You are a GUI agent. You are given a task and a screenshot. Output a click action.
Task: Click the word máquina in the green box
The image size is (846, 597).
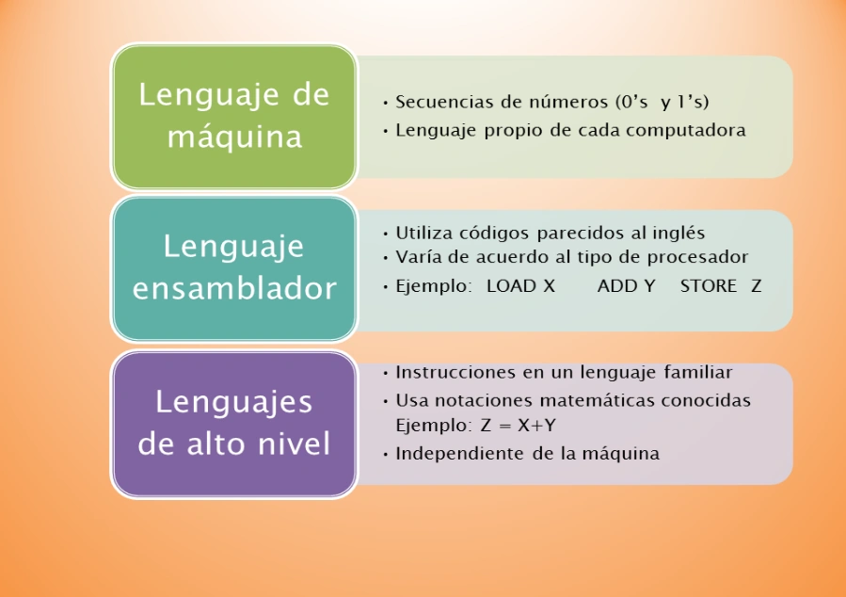[234, 137]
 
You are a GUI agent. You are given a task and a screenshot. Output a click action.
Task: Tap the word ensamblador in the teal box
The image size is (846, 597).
[234, 288]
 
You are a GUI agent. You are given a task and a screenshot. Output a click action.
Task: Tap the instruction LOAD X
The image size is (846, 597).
[520, 285]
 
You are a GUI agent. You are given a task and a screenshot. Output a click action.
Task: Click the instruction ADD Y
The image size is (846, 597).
[627, 285]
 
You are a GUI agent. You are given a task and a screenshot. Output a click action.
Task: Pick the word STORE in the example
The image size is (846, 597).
[709, 285]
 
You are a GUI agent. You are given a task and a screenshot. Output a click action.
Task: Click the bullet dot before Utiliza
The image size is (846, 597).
[385, 234]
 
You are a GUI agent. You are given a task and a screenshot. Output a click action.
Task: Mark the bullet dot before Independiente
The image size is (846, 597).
[385, 455]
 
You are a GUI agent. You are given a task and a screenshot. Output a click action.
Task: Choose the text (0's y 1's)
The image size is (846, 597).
[662, 102]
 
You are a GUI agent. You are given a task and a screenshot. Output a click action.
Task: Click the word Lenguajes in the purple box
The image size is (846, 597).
[234, 403]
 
